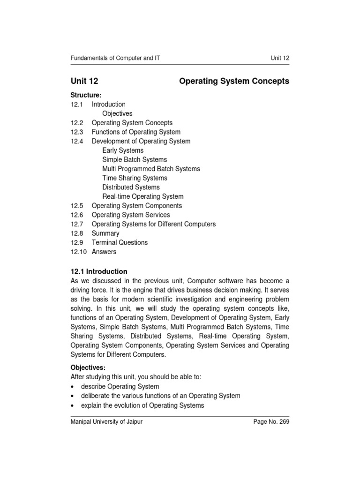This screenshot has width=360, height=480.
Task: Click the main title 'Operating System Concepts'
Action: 234,81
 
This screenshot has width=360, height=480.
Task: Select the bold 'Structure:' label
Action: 86,95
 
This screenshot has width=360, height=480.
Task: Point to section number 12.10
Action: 79,252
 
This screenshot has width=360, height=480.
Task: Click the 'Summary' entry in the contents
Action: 105,233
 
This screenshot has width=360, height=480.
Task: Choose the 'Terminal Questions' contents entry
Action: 120,242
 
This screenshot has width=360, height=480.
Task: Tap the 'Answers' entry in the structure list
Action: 104,252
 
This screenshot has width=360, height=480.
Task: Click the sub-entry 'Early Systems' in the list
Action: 123,150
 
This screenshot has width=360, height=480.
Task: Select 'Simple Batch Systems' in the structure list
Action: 135,160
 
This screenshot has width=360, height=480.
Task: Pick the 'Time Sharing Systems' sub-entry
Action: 135,178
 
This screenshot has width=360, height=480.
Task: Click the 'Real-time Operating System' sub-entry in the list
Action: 143,196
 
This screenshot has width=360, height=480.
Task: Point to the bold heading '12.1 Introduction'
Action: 99,271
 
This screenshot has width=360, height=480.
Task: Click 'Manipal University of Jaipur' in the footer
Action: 106,422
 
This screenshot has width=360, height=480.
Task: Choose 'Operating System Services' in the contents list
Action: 131,215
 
